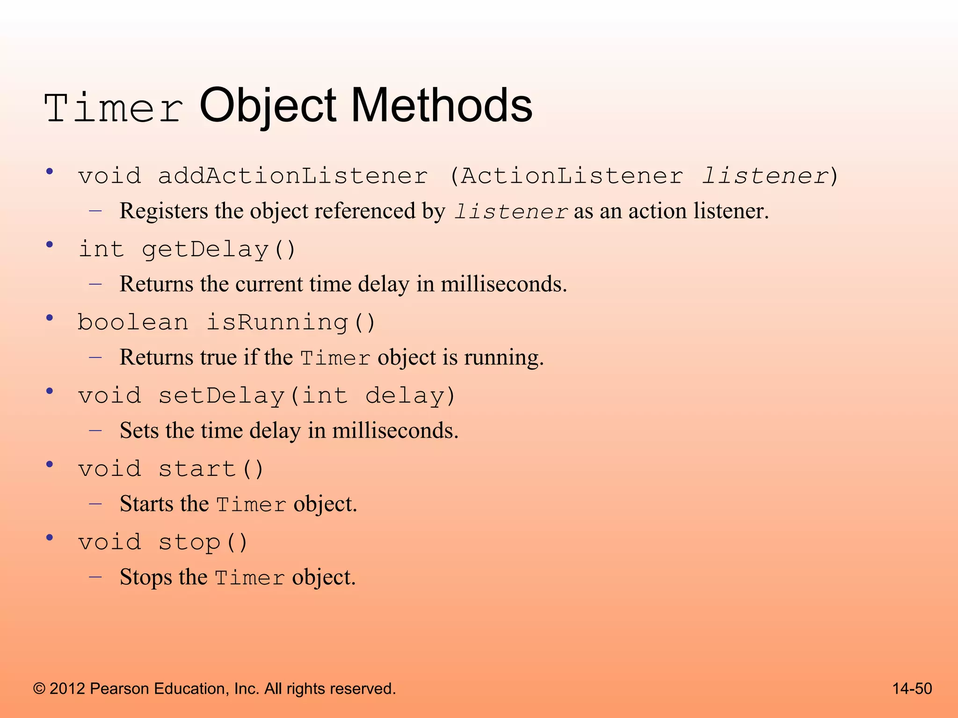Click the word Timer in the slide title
pyautogui.click(x=114, y=108)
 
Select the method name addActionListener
pyautogui.click(x=293, y=176)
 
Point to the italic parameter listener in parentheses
pyautogui.click(x=765, y=176)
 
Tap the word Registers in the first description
pyautogui.click(x=163, y=211)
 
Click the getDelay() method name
pyautogui.click(x=219, y=249)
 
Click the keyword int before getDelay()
pyautogui.click(x=101, y=249)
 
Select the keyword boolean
pyautogui.click(x=133, y=323)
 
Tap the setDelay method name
pyautogui.click(x=222, y=396)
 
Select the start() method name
pyautogui.click(x=211, y=469)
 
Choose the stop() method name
pyautogui.click(x=203, y=542)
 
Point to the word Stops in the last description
pyautogui.click(x=145, y=577)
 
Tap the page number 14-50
pyautogui.click(x=912, y=689)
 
